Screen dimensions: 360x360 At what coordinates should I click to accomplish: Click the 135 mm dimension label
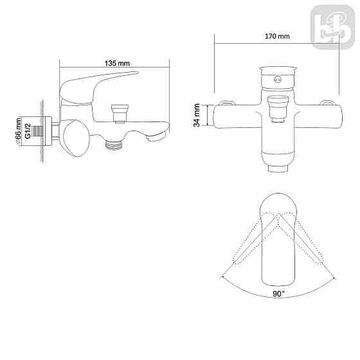[x=116, y=63]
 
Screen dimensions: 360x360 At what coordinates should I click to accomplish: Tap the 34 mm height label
[x=197, y=116]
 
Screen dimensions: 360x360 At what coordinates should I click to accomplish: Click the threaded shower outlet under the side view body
[x=114, y=145]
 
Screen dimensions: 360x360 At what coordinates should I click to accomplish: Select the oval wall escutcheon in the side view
[x=76, y=138]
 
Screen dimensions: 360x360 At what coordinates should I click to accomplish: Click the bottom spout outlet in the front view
[x=278, y=168]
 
